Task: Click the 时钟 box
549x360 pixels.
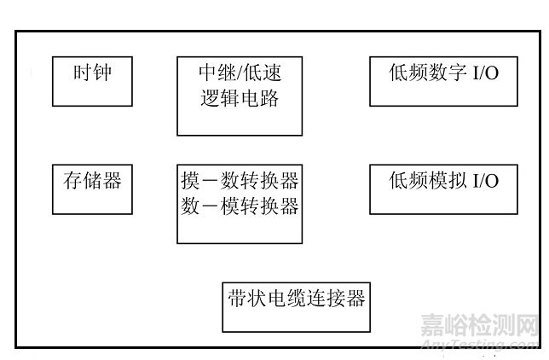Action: (x=92, y=81)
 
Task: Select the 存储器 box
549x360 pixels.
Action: (x=92, y=189)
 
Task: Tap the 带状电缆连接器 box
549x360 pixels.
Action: (x=296, y=306)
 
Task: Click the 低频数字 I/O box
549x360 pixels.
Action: (x=443, y=82)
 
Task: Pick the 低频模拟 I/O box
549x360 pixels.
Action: (x=443, y=189)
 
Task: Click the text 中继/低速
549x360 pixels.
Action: (x=240, y=74)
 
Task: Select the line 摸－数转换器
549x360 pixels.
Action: (x=240, y=182)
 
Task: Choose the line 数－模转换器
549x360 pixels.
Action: (x=240, y=206)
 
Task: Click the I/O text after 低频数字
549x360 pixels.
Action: (x=485, y=73)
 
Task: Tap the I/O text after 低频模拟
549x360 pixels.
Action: (x=485, y=181)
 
